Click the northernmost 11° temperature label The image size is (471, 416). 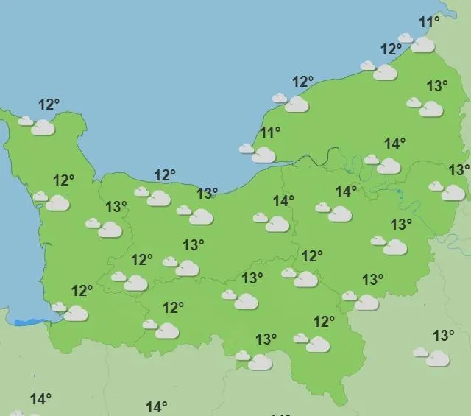428,22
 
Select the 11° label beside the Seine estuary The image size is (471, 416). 270,133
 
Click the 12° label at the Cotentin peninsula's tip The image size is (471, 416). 49,105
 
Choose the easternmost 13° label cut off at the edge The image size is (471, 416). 459,170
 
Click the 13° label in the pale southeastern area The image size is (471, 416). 443,336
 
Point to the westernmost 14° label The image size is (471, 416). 40,399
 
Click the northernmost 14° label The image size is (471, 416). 394,144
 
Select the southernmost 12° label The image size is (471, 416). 324,322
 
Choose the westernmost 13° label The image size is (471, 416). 116,207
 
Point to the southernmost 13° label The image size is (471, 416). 266,339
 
